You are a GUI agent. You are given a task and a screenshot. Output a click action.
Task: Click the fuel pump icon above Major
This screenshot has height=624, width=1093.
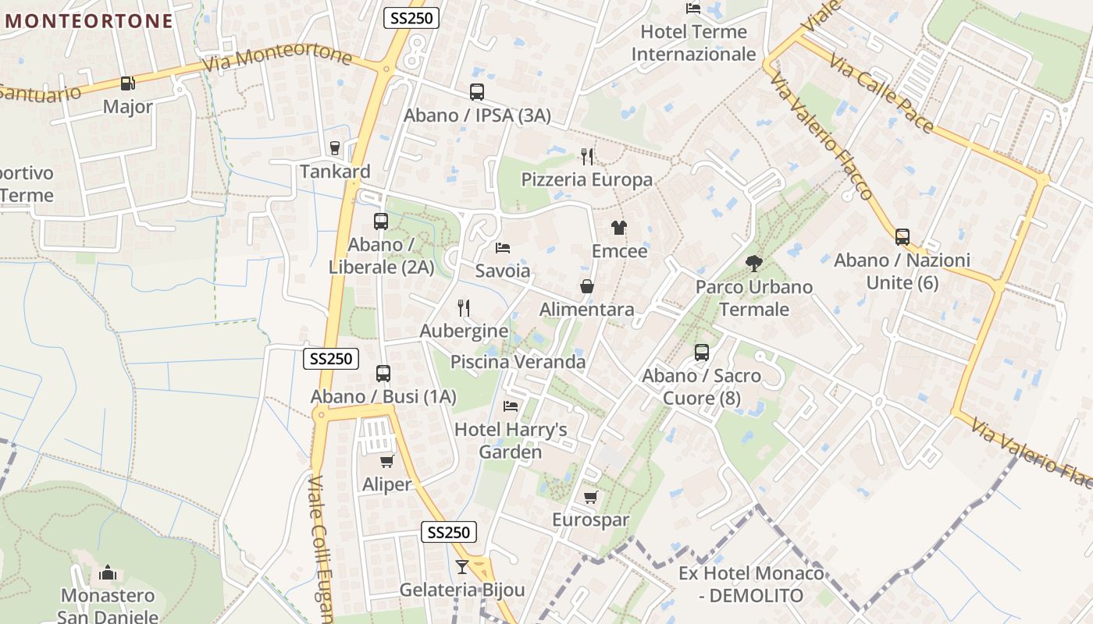pos(127,83)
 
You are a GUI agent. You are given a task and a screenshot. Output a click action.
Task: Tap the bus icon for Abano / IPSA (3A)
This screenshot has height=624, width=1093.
pos(477,92)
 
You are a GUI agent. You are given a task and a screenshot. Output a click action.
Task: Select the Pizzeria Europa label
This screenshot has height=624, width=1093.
pos(586,179)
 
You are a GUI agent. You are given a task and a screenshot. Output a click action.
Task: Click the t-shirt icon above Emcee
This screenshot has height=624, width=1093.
pos(619,228)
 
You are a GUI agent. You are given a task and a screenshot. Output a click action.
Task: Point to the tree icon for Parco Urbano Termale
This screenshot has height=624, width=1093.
pos(753,264)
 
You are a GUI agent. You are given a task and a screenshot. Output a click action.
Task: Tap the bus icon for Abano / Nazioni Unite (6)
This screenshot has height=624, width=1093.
pos(903,237)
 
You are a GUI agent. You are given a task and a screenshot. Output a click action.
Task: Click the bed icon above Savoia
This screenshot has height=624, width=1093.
pos(503,248)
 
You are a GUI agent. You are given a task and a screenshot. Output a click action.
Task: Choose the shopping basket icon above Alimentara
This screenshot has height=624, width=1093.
pos(587,287)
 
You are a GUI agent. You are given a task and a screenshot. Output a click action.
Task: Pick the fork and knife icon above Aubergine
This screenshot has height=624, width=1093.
pos(464,308)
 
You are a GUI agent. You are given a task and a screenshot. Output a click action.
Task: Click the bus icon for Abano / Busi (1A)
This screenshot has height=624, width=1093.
pos(383,374)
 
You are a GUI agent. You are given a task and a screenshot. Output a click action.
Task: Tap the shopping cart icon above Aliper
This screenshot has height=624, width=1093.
pos(386,462)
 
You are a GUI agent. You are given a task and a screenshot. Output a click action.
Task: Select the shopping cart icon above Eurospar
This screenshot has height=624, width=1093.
pos(590,497)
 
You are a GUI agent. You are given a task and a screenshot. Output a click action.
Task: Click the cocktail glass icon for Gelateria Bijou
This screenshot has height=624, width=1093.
pos(462,567)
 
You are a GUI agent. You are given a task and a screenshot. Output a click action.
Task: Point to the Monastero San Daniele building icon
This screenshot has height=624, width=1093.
pos(108,573)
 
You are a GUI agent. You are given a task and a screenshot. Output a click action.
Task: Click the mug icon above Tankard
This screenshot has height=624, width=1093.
pos(335,148)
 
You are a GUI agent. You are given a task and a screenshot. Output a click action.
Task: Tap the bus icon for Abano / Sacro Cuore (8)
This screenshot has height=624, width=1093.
pos(701,353)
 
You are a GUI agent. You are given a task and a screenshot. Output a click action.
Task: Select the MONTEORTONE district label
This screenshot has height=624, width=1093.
pos(89,21)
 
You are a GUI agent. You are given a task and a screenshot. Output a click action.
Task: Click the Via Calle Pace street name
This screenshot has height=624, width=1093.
pos(881,94)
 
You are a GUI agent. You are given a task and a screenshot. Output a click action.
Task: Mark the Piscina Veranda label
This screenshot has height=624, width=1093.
pos(518,362)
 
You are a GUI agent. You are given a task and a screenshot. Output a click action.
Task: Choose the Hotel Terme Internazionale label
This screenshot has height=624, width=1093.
pos(693,43)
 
